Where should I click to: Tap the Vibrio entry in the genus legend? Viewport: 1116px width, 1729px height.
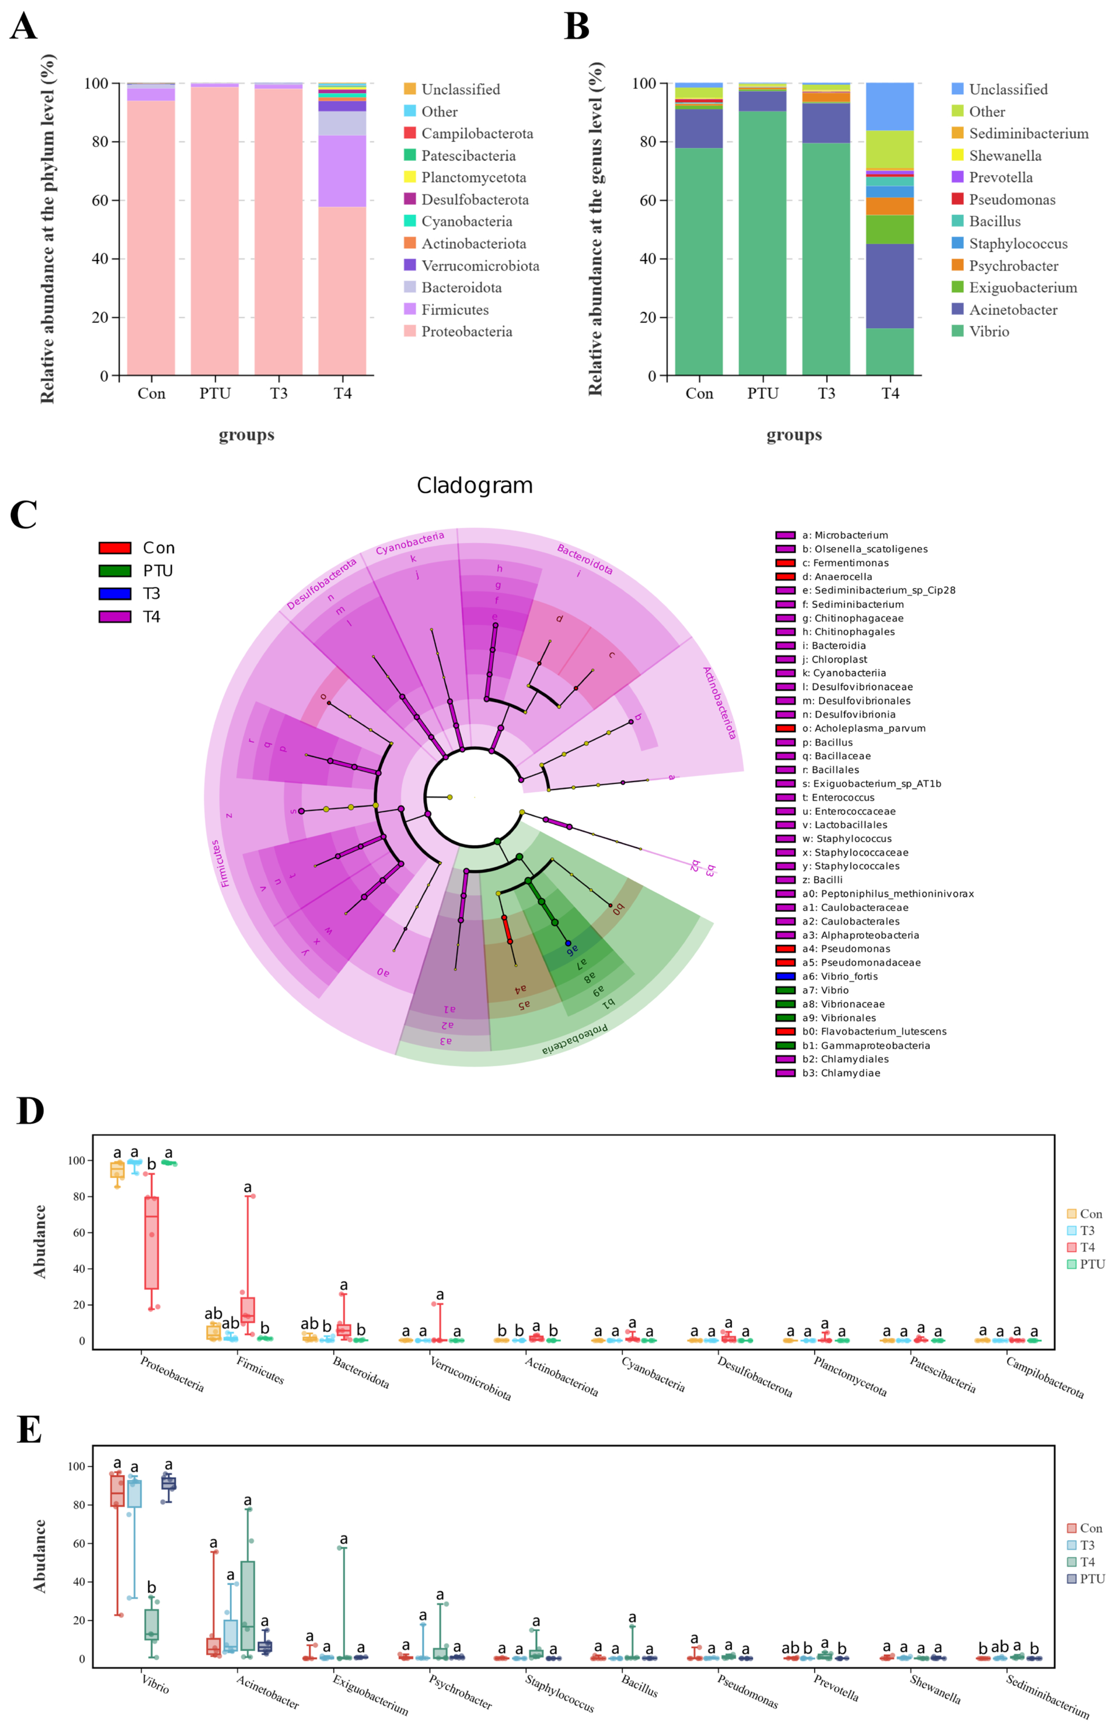pos(988,331)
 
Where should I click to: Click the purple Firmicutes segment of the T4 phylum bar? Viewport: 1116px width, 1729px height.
pos(342,171)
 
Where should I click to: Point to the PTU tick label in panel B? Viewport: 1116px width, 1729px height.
pos(762,393)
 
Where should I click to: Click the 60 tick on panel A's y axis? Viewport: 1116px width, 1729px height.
pos(99,200)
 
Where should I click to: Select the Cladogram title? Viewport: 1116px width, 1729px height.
pos(475,485)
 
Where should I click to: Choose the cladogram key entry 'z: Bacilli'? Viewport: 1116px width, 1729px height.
pos(822,879)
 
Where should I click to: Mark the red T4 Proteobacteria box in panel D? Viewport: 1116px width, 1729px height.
pos(151,1243)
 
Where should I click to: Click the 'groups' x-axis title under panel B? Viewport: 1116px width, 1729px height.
pos(794,435)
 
